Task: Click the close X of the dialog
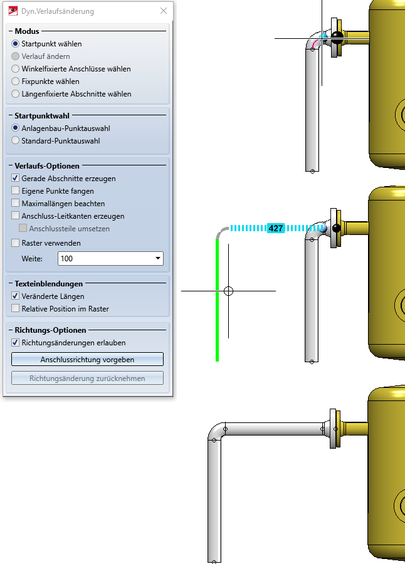click(x=164, y=11)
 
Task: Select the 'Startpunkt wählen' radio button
click(x=16, y=44)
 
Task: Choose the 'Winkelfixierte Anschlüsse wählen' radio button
click(x=16, y=69)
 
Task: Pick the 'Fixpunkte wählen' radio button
click(x=16, y=81)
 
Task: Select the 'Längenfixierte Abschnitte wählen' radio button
click(x=16, y=94)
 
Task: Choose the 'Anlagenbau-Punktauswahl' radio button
click(x=16, y=128)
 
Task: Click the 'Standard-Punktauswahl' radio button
click(x=16, y=141)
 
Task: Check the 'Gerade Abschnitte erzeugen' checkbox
click(x=16, y=179)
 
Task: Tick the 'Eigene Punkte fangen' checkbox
click(x=16, y=191)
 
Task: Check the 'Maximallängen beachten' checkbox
click(x=16, y=204)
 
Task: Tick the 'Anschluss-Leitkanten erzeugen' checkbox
click(x=16, y=216)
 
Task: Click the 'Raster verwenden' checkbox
click(x=16, y=243)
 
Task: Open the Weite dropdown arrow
click(x=157, y=258)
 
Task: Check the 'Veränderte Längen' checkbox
click(x=16, y=296)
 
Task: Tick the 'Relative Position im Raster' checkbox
click(x=16, y=309)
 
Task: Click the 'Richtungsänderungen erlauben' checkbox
click(x=16, y=343)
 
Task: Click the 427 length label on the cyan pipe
click(x=276, y=229)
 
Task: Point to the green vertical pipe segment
click(x=217, y=301)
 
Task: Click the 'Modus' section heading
click(x=27, y=31)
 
